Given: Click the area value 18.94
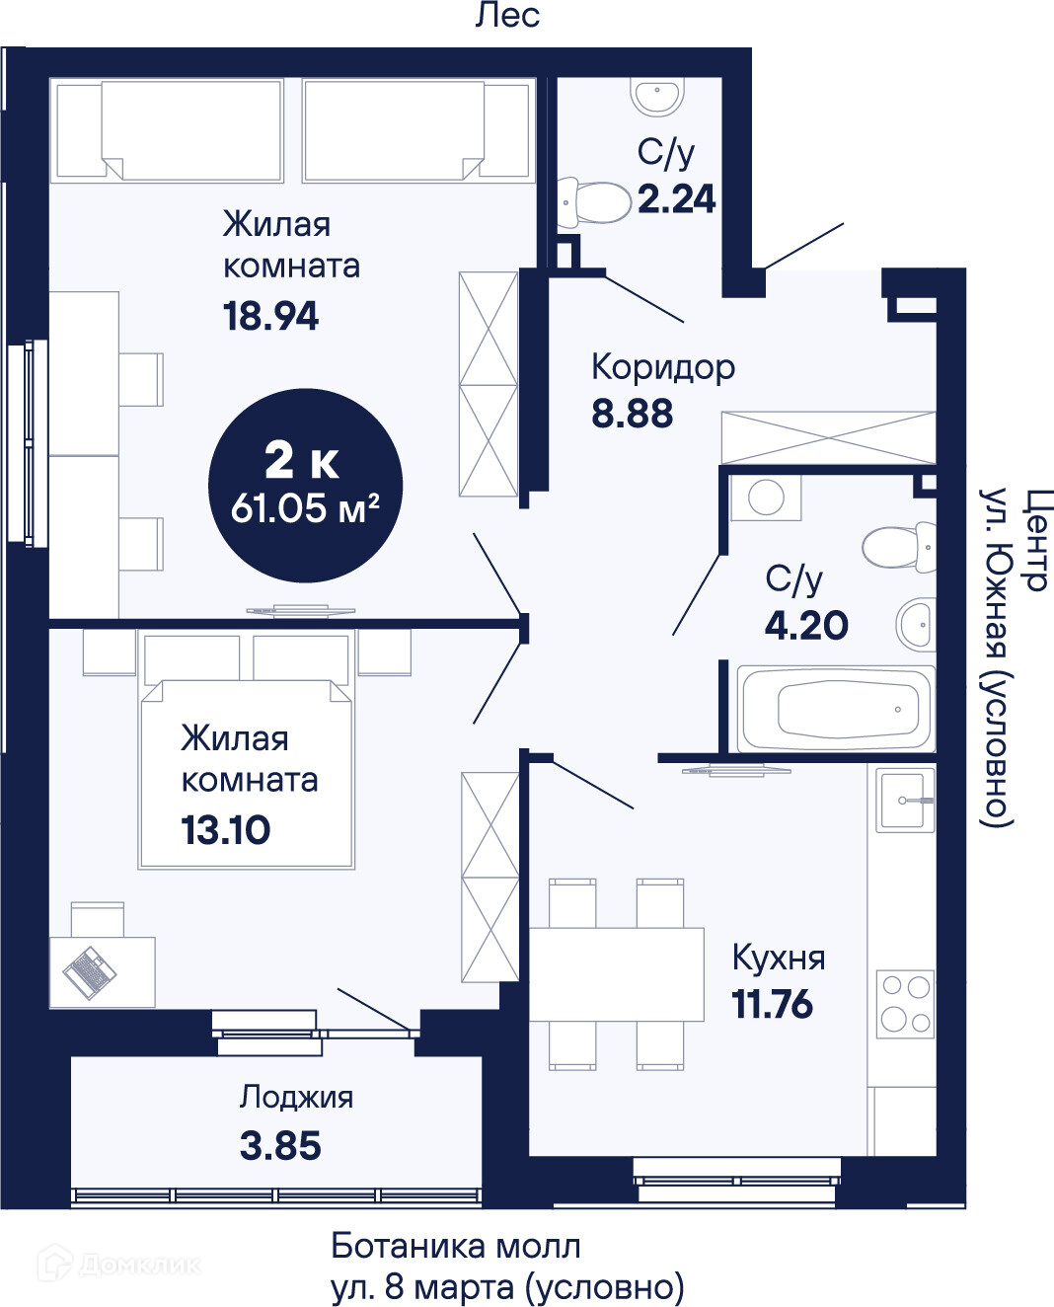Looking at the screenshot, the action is [270, 317].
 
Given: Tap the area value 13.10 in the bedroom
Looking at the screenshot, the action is [225, 830].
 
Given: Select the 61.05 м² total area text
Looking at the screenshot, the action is [305, 508].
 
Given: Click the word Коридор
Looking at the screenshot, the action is [663, 368].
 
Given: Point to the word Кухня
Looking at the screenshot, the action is [779, 958].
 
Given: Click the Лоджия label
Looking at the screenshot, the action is [296, 1098].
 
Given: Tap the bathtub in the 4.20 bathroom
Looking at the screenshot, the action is [836, 709].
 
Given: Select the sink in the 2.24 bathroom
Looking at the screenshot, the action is [657, 96].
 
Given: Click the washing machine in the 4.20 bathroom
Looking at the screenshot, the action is [766, 498].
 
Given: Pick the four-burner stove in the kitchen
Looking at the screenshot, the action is [905, 1004].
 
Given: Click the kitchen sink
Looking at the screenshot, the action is [905, 800].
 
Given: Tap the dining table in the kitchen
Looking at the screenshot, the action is [616, 974].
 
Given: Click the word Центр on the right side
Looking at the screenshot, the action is [1031, 539].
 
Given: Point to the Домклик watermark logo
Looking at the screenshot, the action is [117, 1265].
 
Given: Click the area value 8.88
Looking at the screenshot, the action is [632, 414].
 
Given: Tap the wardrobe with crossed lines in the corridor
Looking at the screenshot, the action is [828, 438].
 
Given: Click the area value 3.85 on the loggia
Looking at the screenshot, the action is [280, 1145].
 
